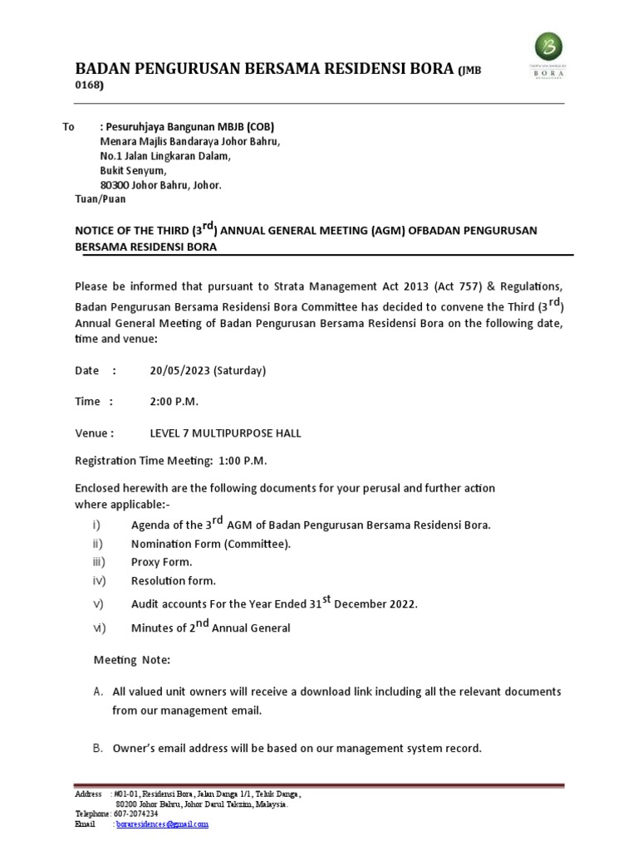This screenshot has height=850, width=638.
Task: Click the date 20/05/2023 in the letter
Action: pyautogui.click(x=179, y=370)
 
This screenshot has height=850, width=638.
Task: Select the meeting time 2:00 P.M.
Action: pyautogui.click(x=174, y=402)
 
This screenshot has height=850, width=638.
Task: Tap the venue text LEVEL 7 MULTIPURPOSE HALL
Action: pyautogui.click(x=225, y=432)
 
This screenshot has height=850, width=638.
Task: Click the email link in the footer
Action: pyautogui.click(x=163, y=824)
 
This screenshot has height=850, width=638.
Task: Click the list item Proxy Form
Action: pyautogui.click(x=161, y=562)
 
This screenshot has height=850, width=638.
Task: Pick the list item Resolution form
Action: pyautogui.click(x=173, y=580)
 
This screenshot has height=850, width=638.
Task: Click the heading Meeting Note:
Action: pyautogui.click(x=131, y=659)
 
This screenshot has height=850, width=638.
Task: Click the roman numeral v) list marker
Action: pyautogui.click(x=97, y=603)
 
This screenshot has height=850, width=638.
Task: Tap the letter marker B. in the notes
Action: pyautogui.click(x=97, y=748)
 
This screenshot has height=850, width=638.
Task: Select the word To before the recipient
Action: pyautogui.click(x=69, y=127)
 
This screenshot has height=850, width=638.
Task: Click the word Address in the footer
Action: pyautogui.click(x=89, y=794)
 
